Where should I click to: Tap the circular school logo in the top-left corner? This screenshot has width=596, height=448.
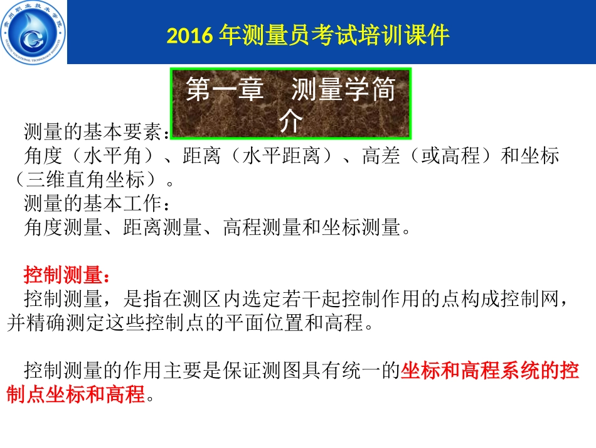[x=33, y=32]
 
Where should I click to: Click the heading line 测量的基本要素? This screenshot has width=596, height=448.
[x=92, y=133]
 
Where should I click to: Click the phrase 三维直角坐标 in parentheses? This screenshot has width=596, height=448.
[x=93, y=180]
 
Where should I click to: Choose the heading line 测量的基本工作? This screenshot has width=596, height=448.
[x=92, y=204]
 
